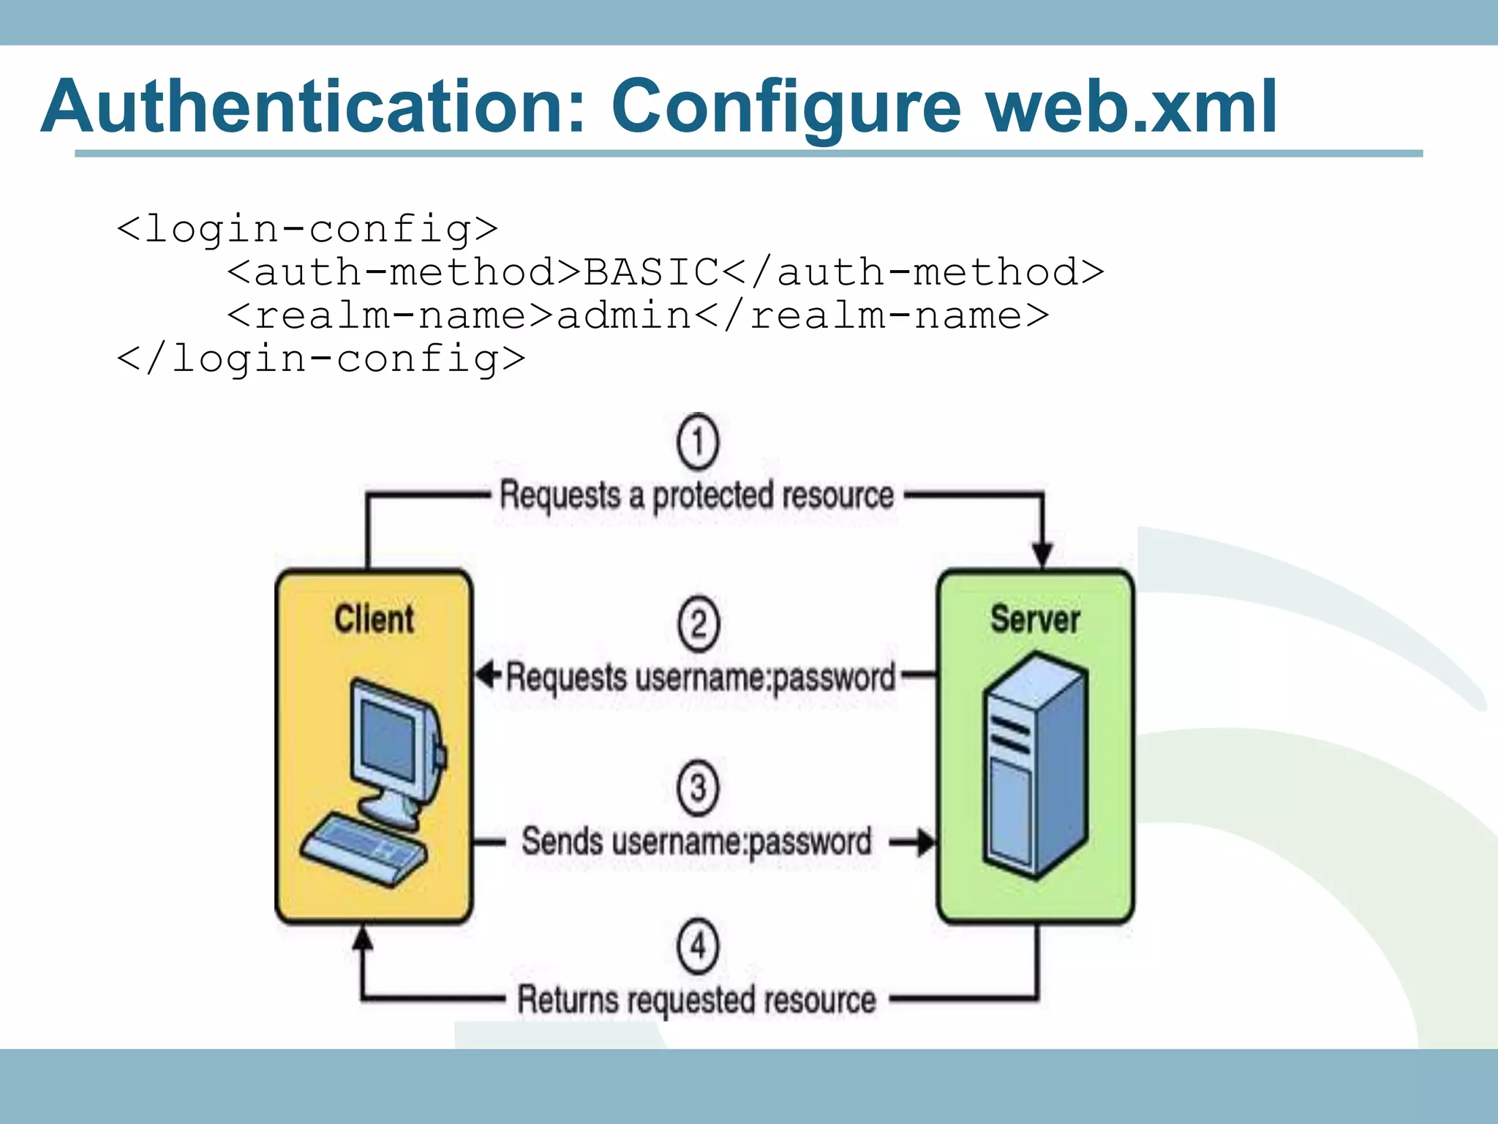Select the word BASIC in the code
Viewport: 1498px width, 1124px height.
pyautogui.click(x=651, y=272)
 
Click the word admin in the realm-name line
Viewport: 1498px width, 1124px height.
pyautogui.click(x=624, y=315)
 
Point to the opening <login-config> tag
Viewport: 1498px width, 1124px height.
pyautogui.click(x=307, y=229)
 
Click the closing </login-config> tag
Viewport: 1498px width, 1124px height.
pyautogui.click(x=321, y=359)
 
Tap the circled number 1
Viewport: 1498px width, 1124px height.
pyautogui.click(x=698, y=443)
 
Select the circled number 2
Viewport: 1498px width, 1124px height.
pyautogui.click(x=698, y=624)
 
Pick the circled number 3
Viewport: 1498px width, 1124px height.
pyautogui.click(x=698, y=788)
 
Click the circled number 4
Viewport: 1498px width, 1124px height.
pyautogui.click(x=698, y=946)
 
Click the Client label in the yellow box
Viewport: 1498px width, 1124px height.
pyautogui.click(x=374, y=619)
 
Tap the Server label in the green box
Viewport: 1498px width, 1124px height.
pyautogui.click(x=1035, y=619)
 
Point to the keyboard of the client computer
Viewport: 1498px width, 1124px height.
pyautogui.click(x=364, y=850)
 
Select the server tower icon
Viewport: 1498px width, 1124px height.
pyautogui.click(x=1034, y=765)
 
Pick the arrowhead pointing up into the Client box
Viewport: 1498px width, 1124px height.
pyautogui.click(x=363, y=939)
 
